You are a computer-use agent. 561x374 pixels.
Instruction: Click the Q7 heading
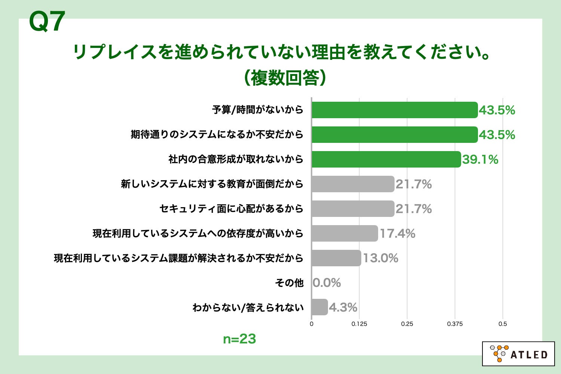pyautogui.click(x=47, y=22)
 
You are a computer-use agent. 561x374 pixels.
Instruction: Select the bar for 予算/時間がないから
pyautogui.click(x=395, y=110)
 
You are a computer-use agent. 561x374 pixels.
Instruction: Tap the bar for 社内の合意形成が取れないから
pyautogui.click(x=386, y=159)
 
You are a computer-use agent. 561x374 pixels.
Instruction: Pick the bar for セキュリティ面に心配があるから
pyautogui.click(x=353, y=209)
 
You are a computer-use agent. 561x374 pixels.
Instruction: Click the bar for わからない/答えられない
pyautogui.click(x=320, y=307)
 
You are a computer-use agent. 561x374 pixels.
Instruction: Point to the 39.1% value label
pyautogui.click(x=480, y=160)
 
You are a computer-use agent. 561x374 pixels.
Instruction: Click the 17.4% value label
pyautogui.click(x=397, y=234)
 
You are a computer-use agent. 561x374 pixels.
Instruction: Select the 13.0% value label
pyautogui.click(x=380, y=258)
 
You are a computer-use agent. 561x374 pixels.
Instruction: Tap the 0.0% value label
pyautogui.click(x=327, y=283)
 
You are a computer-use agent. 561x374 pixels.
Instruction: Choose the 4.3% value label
pyautogui.click(x=343, y=307)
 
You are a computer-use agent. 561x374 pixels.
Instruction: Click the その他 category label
pyautogui.click(x=289, y=283)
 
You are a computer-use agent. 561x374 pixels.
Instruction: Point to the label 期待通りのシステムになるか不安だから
pyautogui.click(x=217, y=135)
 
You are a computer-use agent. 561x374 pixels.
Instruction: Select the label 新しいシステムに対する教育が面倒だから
pyautogui.click(x=212, y=184)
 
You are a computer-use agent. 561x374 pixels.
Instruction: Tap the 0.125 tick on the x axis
pyautogui.click(x=359, y=324)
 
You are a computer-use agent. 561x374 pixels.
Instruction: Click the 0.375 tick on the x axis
pyautogui.click(x=455, y=324)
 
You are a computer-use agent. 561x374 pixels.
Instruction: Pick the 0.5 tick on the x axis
pyautogui.click(x=503, y=324)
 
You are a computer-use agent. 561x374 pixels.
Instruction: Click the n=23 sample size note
pyautogui.click(x=239, y=339)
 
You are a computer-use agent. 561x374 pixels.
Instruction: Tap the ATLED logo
pyautogui.click(x=518, y=354)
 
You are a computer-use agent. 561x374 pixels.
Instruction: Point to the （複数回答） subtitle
pyautogui.click(x=284, y=78)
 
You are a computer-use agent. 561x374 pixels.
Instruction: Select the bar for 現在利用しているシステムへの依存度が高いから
pyautogui.click(x=344, y=233)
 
